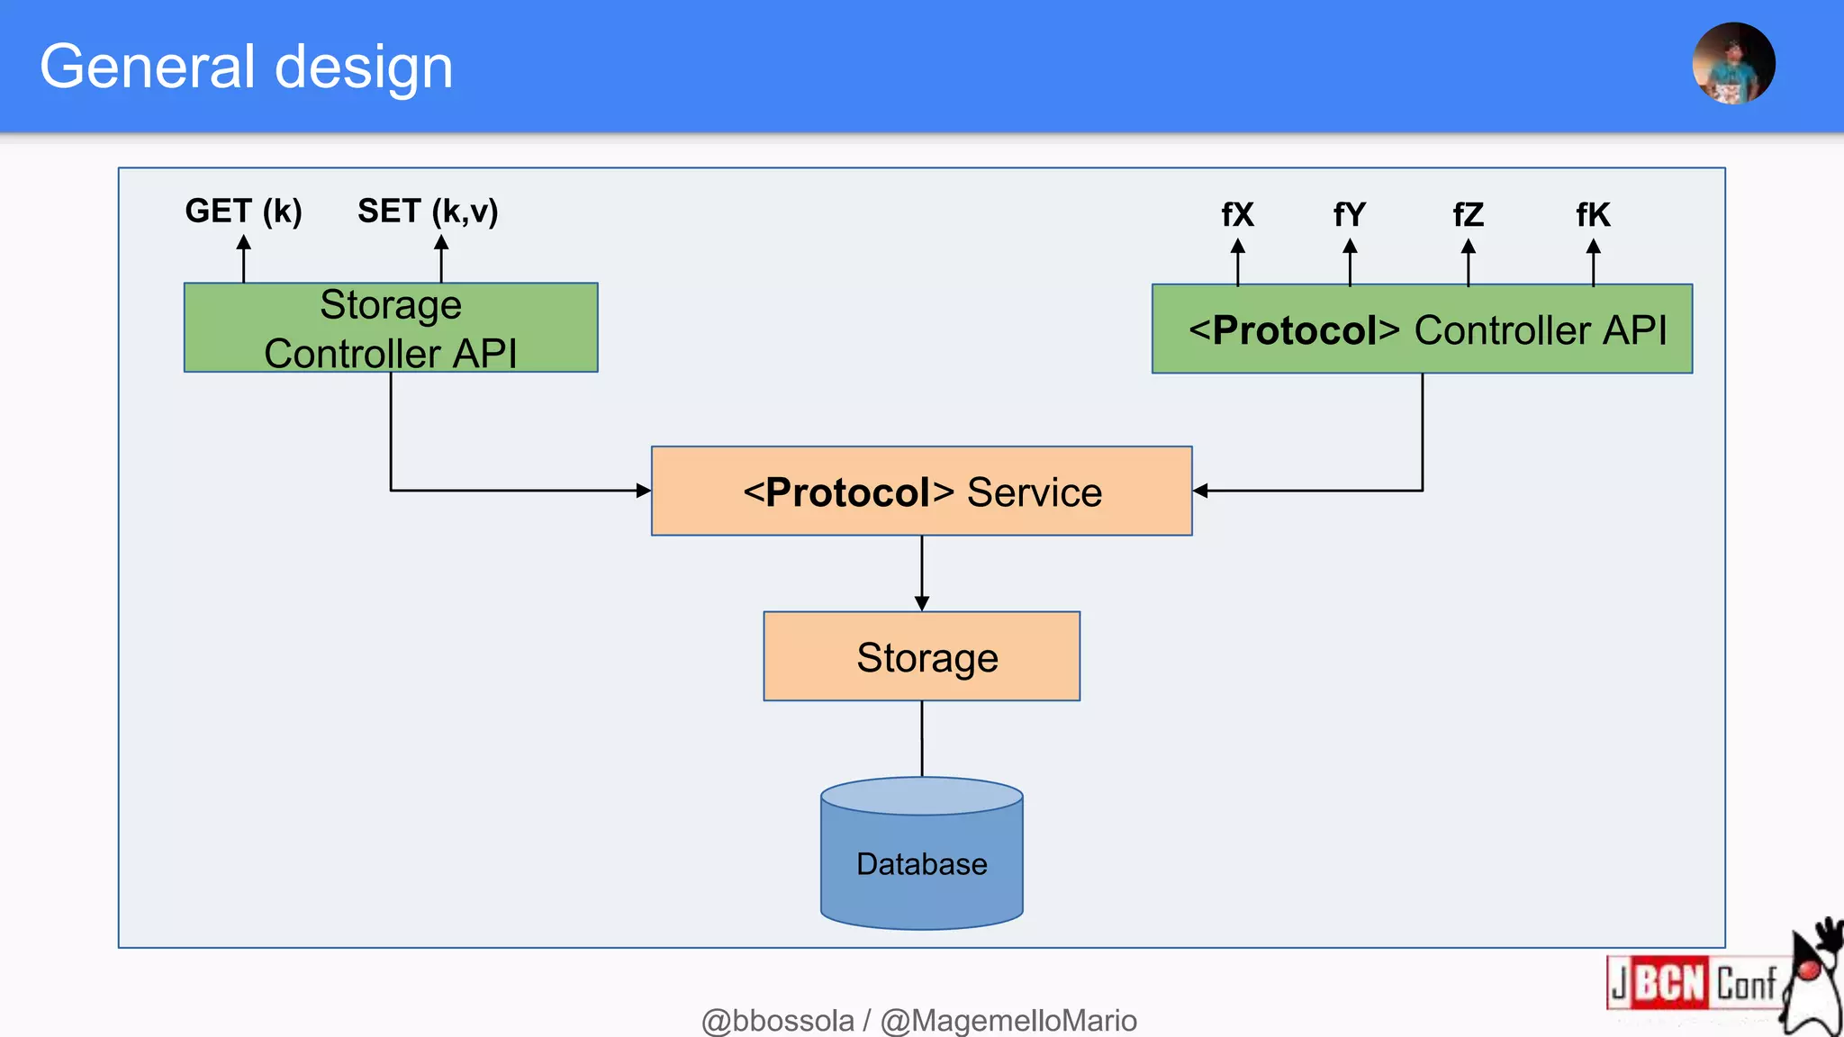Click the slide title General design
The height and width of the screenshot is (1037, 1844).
[246, 67]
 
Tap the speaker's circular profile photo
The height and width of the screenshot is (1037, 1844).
[1733, 64]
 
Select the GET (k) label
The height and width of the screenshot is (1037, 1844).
[243, 211]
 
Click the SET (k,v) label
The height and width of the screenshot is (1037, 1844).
[428, 211]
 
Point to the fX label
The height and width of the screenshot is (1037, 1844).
[1237, 215]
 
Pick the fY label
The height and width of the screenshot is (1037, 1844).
[1349, 215]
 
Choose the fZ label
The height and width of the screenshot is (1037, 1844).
[1468, 215]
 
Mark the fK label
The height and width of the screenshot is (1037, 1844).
[1593, 215]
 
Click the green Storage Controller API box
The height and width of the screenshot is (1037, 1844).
[391, 328]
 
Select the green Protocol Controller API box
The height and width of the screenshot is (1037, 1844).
[1422, 329]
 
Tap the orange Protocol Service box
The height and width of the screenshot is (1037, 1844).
[921, 491]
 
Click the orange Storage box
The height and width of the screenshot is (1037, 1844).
[921, 657]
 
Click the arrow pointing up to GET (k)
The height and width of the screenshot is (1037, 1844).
[243, 258]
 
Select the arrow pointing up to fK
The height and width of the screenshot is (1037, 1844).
[1593, 261]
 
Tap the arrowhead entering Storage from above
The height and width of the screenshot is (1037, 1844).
[921, 603]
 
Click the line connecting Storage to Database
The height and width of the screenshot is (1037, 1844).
[921, 738]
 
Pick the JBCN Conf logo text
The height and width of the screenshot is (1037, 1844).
[1693, 983]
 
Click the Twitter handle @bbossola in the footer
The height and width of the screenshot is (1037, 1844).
[777, 1021]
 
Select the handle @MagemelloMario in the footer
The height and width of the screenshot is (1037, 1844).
[1008, 1021]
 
